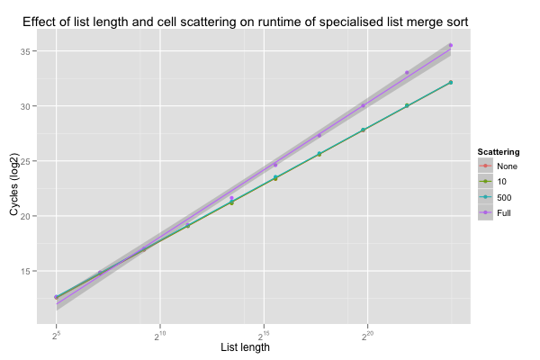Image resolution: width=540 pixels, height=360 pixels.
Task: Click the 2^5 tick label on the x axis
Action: click(56, 336)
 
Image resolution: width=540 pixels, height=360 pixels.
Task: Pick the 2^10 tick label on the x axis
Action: click(160, 336)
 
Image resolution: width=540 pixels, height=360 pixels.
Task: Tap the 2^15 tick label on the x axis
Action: click(264, 336)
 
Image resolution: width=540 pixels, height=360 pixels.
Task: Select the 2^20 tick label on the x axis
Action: click(367, 336)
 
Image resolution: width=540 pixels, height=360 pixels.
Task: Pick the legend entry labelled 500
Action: click(504, 197)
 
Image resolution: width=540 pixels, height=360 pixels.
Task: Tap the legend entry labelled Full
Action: click(504, 212)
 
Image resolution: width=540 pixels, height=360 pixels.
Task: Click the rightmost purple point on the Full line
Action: click(450, 45)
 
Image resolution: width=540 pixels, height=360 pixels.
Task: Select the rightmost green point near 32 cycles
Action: click(450, 83)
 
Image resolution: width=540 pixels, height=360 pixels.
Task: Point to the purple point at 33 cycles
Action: click(407, 73)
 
